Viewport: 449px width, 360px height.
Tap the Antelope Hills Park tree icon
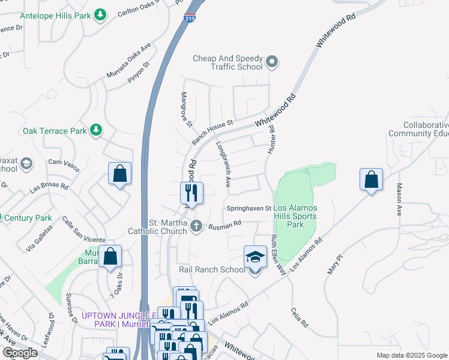(x=101, y=13)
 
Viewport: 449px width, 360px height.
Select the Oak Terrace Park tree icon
(x=95, y=130)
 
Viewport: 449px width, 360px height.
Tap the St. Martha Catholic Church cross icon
(x=196, y=226)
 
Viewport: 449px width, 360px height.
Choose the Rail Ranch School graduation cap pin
(x=255, y=257)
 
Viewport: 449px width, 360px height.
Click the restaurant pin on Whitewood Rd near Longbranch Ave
(x=191, y=193)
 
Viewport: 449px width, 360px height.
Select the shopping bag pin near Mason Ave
(x=372, y=179)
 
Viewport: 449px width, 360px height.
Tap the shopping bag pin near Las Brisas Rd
(x=119, y=173)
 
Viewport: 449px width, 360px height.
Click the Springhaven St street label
(x=249, y=208)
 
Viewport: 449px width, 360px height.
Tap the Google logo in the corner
(x=20, y=352)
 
